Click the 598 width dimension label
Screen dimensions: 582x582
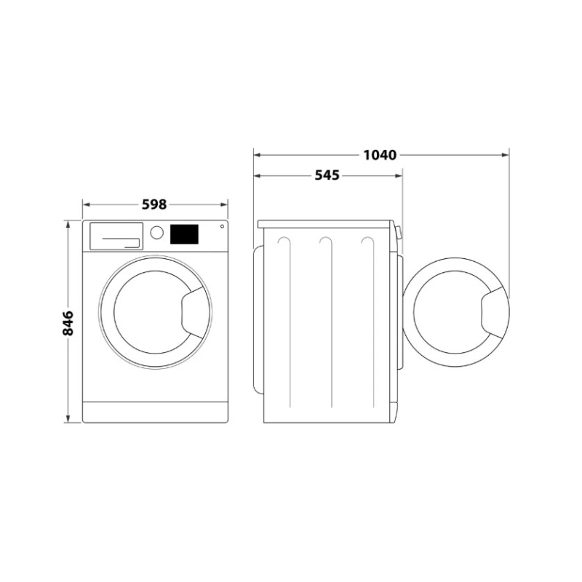154,204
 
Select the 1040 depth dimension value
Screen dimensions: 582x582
379,155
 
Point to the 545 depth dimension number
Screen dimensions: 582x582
327,175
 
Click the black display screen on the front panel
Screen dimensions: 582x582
184,234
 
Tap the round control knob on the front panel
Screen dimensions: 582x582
156,233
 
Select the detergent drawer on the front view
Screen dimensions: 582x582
115,236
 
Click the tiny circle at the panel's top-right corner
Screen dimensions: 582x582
221,226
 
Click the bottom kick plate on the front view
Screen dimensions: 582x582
155,412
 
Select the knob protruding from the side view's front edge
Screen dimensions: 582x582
399,233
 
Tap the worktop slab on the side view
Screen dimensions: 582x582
326,223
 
